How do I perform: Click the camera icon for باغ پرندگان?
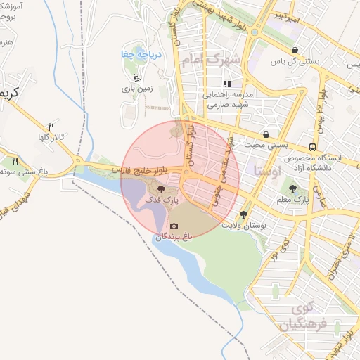coord(174,226)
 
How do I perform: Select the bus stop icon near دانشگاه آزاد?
coord(311,147)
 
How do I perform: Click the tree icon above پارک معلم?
coord(292,188)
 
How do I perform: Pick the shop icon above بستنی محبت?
coord(266,134)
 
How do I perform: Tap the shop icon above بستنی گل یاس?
coord(294,50)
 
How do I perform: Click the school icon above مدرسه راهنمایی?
coord(227,84)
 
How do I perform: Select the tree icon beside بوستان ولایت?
coord(243,214)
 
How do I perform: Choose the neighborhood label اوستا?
coord(270,170)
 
